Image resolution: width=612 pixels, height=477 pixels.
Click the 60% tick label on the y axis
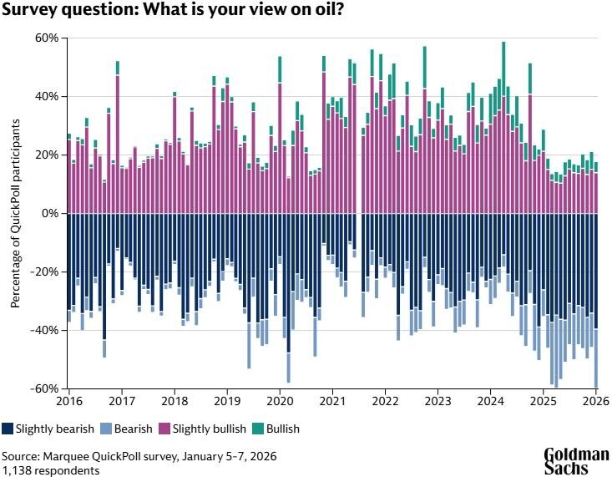(x=45, y=38)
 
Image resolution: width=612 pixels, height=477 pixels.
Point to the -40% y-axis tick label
(x=43, y=331)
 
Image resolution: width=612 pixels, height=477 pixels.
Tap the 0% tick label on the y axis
(x=50, y=214)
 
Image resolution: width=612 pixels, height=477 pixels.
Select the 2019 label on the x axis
(x=227, y=400)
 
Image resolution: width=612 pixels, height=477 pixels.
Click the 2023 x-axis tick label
(x=438, y=400)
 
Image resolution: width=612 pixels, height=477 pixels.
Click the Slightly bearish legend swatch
(x=8, y=429)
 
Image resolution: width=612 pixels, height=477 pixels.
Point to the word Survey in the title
(x=29, y=12)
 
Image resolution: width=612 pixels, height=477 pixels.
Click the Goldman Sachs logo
(x=577, y=460)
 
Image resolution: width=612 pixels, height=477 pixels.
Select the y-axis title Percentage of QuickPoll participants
(x=16, y=214)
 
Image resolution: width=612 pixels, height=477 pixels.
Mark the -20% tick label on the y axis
(x=43, y=272)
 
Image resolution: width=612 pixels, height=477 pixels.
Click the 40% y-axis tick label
(x=45, y=97)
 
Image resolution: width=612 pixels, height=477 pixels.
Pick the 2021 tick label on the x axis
(x=332, y=400)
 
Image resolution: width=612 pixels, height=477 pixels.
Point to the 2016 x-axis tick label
(x=69, y=400)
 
